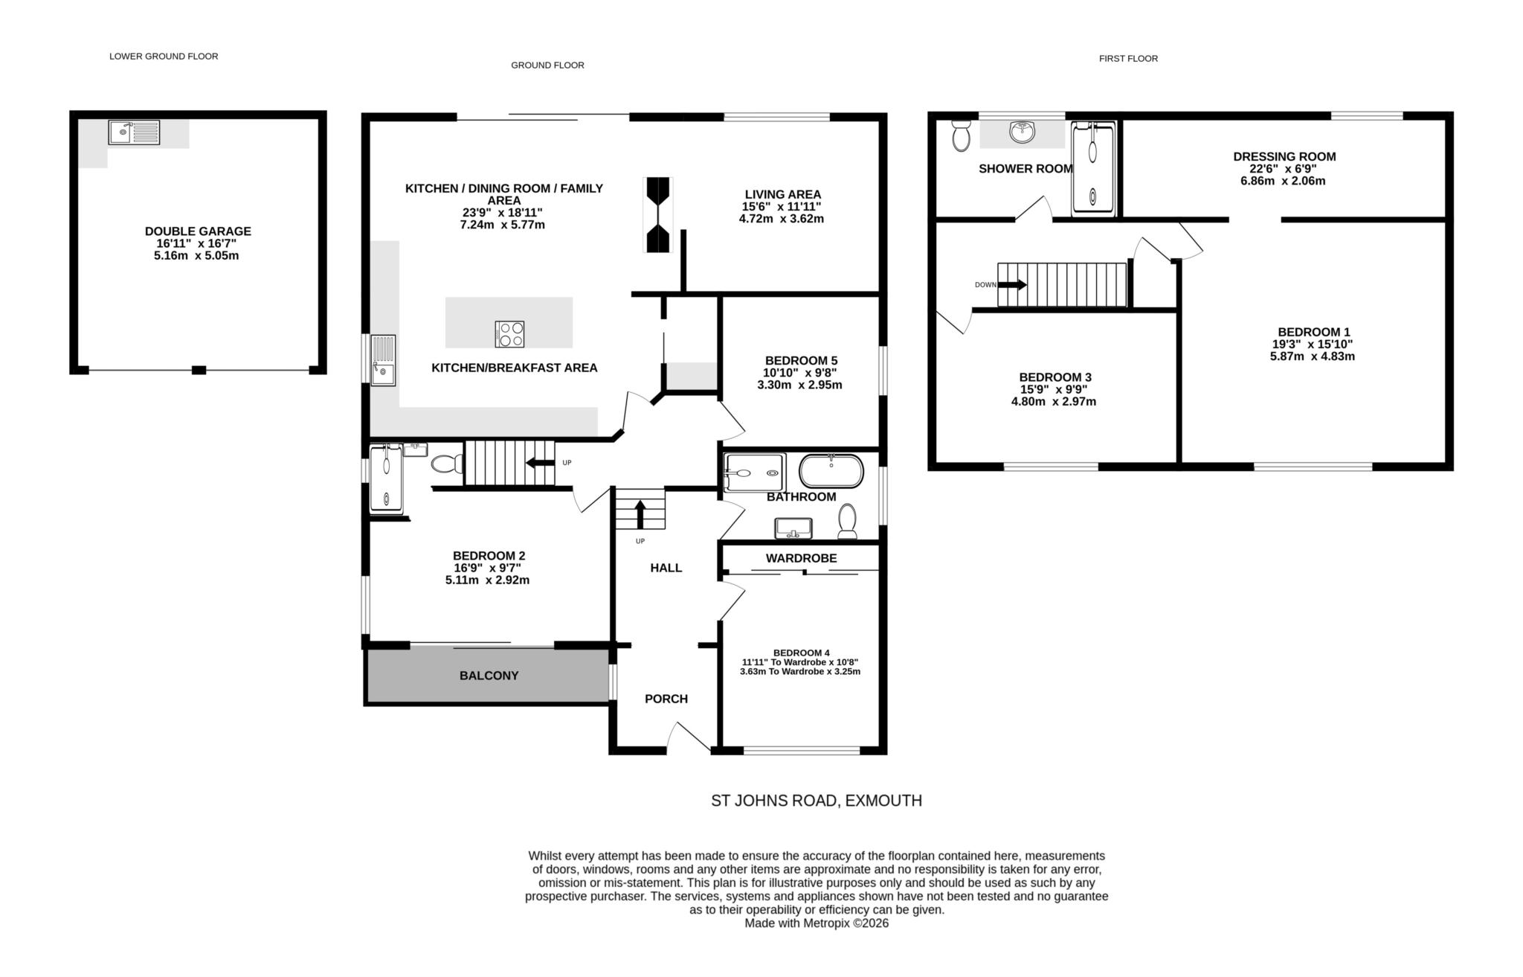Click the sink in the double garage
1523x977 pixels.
coord(134,132)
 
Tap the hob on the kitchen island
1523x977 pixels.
coord(509,333)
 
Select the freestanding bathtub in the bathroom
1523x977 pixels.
coord(831,470)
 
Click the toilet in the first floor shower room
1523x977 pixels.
coord(961,136)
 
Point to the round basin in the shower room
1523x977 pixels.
coord(1023,132)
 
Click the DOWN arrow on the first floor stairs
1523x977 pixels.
coord(1012,285)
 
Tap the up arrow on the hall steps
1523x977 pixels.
coord(640,513)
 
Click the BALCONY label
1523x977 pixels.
coord(489,676)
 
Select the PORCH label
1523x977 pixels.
coord(666,699)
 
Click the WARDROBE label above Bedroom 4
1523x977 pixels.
coord(801,558)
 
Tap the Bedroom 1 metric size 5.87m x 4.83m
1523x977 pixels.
coord(1312,356)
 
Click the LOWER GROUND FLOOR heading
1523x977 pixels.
coord(164,57)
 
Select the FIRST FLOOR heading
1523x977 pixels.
coord(1127,59)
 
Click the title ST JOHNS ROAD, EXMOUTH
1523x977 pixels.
coord(816,801)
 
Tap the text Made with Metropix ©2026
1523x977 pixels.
coord(816,923)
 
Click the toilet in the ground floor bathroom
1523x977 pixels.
coord(847,521)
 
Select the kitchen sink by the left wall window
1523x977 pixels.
coord(384,360)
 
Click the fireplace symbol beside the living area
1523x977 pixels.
coord(658,215)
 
